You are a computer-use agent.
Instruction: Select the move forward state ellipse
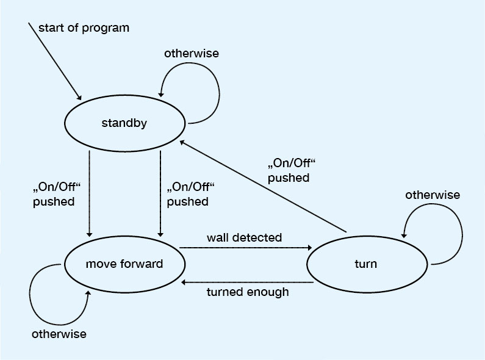124,265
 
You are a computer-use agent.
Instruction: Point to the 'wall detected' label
244,237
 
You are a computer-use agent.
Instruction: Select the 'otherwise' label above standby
191,53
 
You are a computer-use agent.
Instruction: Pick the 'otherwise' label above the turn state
433,195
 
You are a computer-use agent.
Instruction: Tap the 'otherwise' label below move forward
59,334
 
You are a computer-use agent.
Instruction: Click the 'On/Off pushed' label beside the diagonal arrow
289,171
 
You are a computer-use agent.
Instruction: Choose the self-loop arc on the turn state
455,232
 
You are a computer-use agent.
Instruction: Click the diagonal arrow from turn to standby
262,186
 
